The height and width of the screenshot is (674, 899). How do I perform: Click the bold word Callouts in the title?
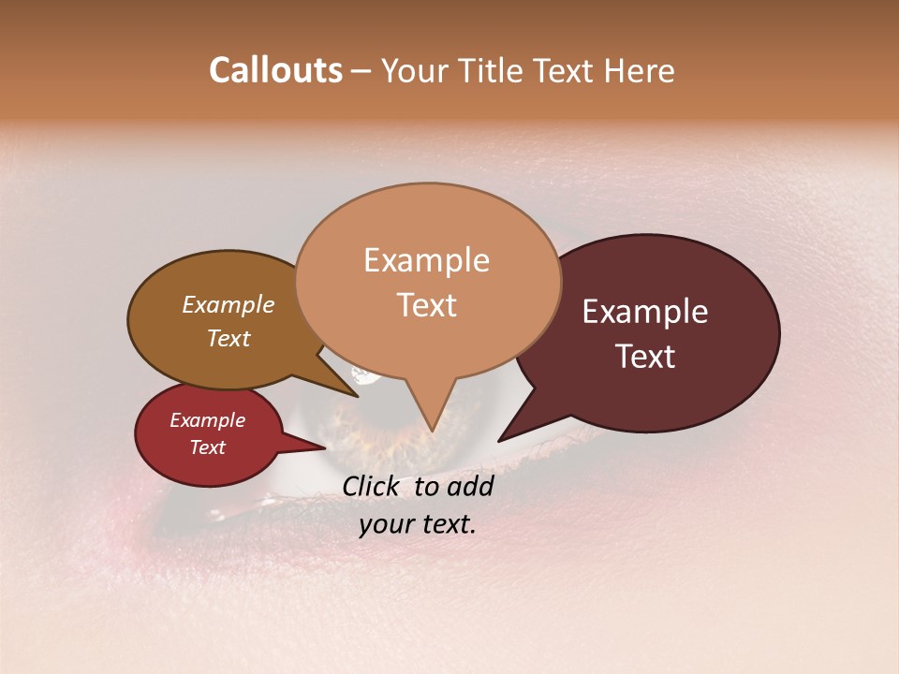coord(275,70)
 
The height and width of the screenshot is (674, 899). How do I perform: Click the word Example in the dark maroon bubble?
coord(645,312)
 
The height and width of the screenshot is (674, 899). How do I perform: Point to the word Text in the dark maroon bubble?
coord(645,357)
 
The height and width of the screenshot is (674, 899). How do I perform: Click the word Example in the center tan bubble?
coord(426,260)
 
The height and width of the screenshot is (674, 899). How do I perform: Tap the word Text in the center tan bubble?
coord(426,305)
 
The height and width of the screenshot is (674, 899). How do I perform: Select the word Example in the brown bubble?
coord(228,304)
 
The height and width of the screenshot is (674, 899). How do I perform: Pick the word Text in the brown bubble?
coord(228,338)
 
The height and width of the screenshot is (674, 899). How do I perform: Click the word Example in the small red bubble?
coord(207,420)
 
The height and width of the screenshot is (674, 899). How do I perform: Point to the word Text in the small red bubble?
coord(207,447)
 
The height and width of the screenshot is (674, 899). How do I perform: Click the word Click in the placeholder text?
coord(374,486)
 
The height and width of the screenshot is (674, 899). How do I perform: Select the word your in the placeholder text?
coord(386,524)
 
